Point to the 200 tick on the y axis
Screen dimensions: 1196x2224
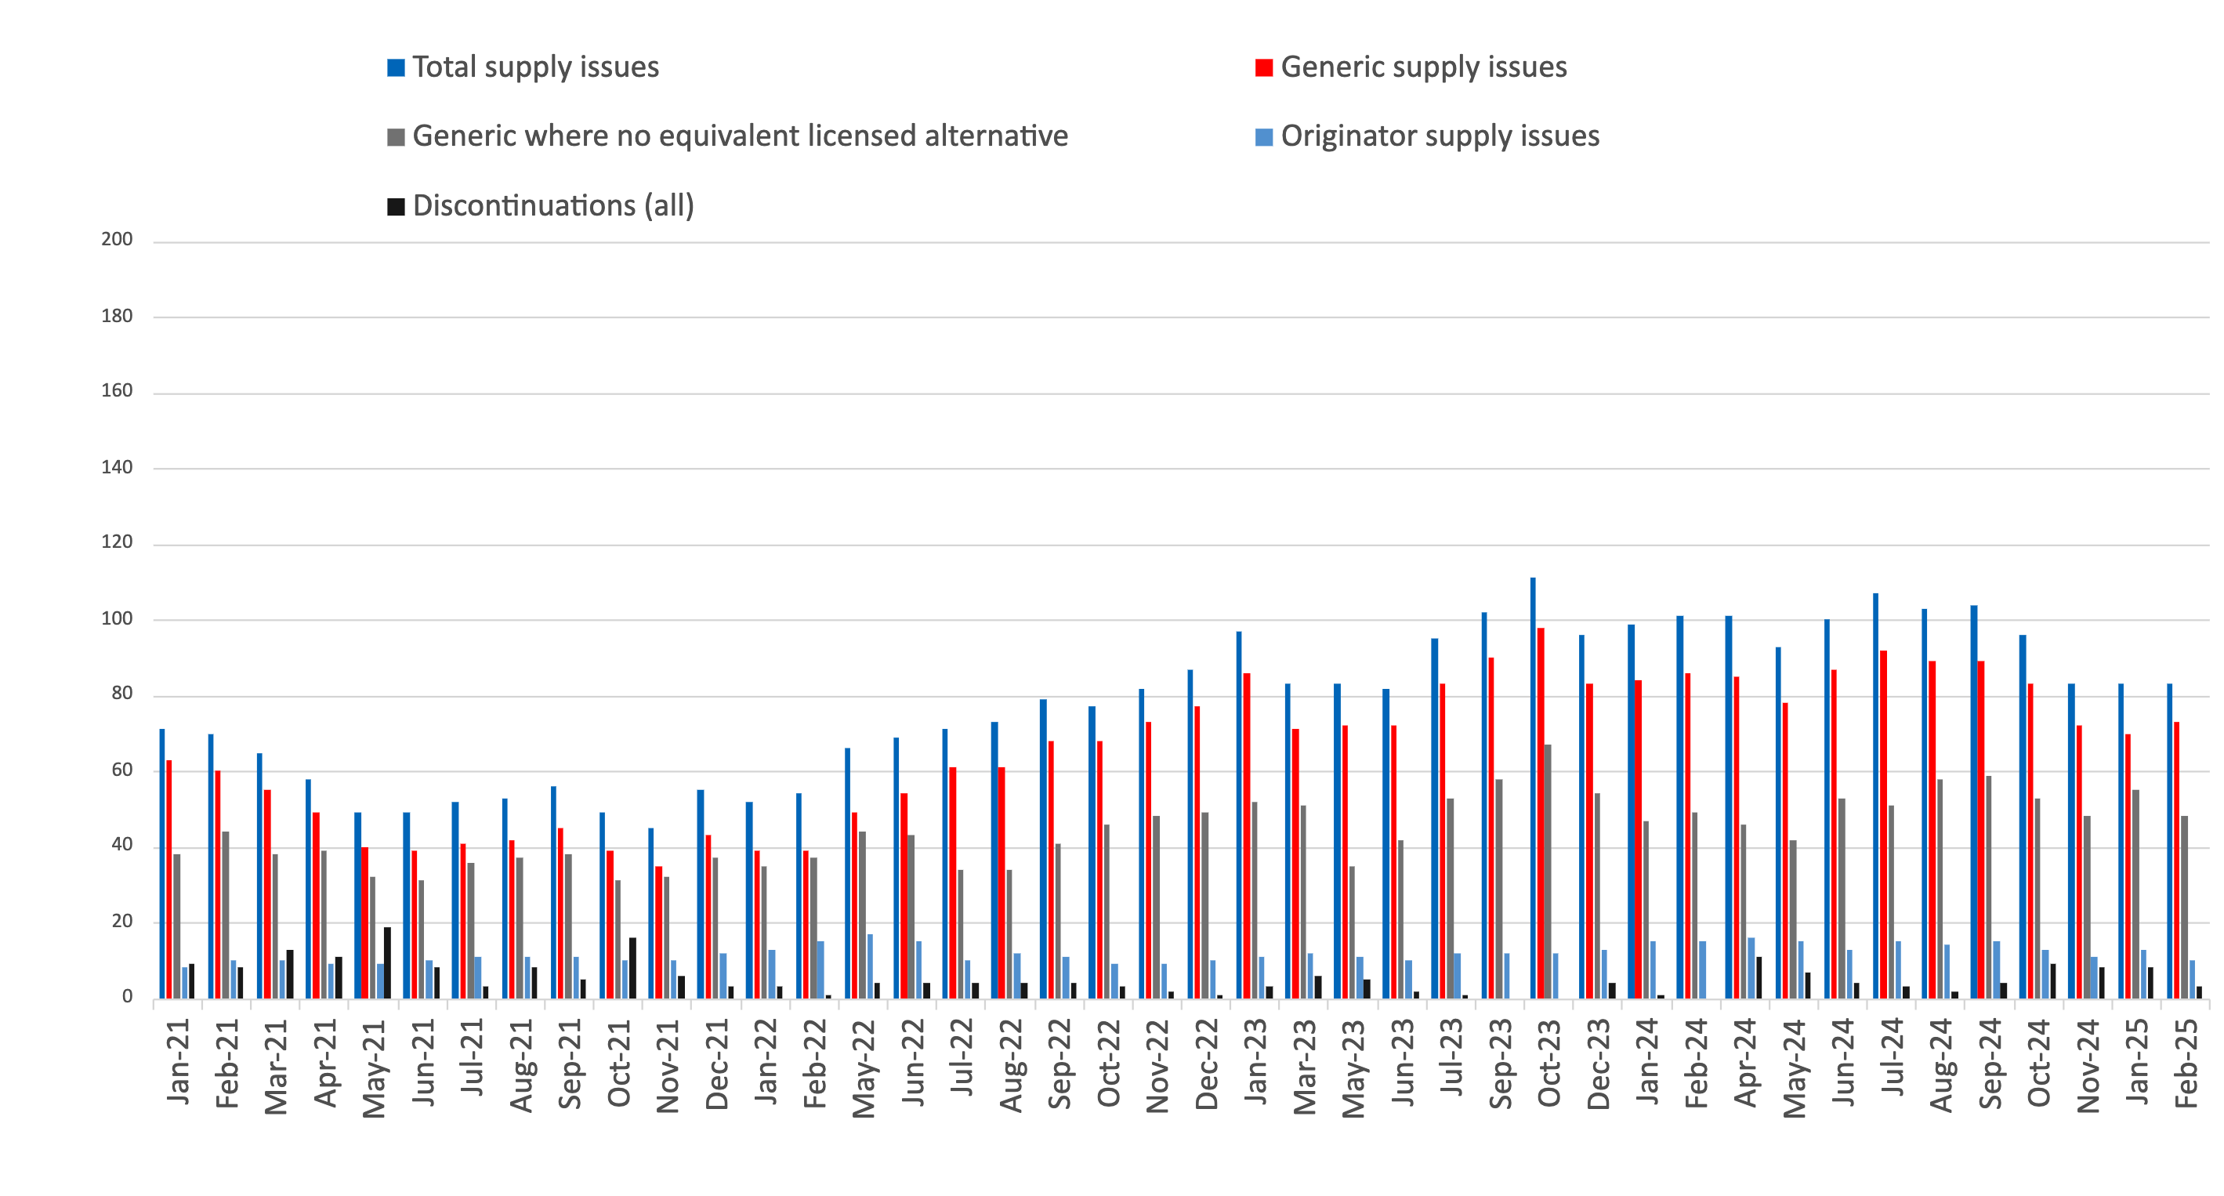pyautogui.click(x=117, y=239)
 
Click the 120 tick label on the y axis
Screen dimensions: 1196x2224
pyautogui.click(x=117, y=542)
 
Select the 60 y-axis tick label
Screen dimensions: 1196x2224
pyautogui.click(x=121, y=770)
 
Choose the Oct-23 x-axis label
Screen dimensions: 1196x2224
pyautogui.click(x=1548, y=1063)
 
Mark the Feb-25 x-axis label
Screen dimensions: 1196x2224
pyautogui.click(x=2185, y=1063)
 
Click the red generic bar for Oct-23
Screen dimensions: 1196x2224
pyautogui.click(x=1541, y=813)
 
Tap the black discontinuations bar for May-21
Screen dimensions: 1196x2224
pyautogui.click(x=388, y=963)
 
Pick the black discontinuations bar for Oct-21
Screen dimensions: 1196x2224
pyautogui.click(x=633, y=968)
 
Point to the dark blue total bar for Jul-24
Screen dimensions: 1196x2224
pyautogui.click(x=1875, y=796)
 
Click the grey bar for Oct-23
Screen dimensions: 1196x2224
pyautogui.click(x=1548, y=872)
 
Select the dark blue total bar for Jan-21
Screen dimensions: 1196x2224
pyautogui.click(x=161, y=864)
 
